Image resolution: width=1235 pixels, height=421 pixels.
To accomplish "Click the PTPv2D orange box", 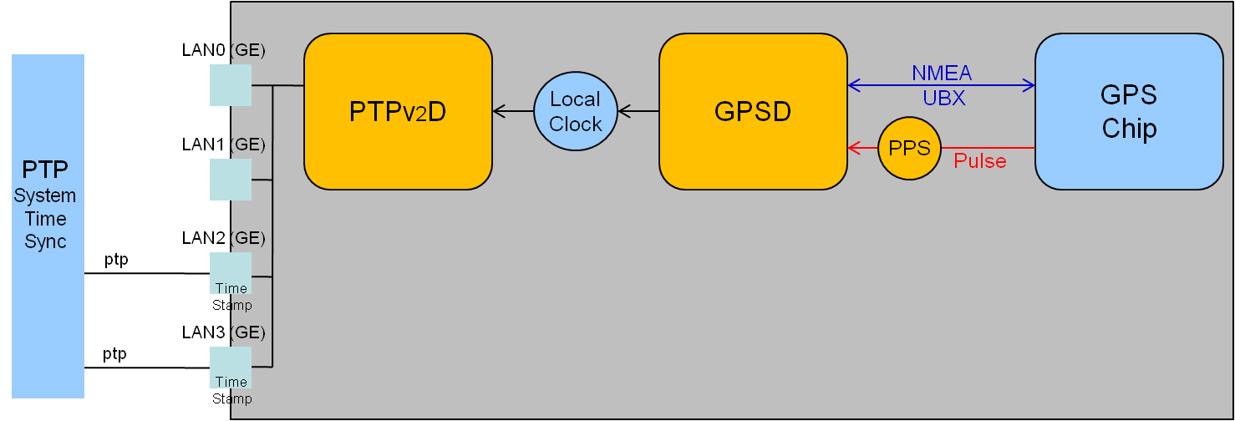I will [398, 111].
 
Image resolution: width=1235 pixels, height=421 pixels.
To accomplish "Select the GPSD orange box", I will [753, 111].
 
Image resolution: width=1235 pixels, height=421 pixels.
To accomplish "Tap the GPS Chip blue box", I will [1129, 111].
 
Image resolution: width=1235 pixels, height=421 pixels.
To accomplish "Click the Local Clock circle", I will [575, 111].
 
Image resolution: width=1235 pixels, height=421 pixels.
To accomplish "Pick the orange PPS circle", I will [909, 149].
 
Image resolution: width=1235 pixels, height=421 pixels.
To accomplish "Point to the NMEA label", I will [942, 74].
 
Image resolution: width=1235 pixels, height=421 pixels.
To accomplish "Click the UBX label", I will [943, 98].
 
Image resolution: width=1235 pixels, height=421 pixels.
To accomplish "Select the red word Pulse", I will [979, 161].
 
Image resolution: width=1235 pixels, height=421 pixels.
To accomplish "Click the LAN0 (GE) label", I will [223, 50].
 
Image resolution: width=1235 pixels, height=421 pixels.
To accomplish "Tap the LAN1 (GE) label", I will [223, 144].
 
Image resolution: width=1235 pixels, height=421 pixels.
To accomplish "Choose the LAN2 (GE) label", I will [223, 238].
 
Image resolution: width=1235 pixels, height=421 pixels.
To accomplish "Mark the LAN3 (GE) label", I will [223, 332].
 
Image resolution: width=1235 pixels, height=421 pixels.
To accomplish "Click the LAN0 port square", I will [231, 85].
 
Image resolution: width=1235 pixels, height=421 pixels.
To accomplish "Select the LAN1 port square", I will [231, 179].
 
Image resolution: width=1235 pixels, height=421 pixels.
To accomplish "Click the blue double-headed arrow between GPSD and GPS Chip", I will [942, 85].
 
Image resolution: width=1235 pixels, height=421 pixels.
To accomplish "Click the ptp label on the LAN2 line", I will [116, 260].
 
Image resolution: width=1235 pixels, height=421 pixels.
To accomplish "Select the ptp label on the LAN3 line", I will [114, 354].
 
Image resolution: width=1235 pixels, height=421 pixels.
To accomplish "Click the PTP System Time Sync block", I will [48, 226].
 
